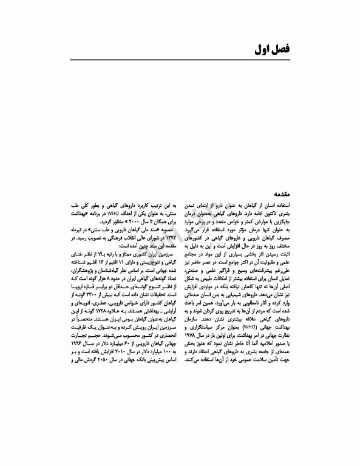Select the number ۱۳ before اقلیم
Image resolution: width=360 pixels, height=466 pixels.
click(115, 265)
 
